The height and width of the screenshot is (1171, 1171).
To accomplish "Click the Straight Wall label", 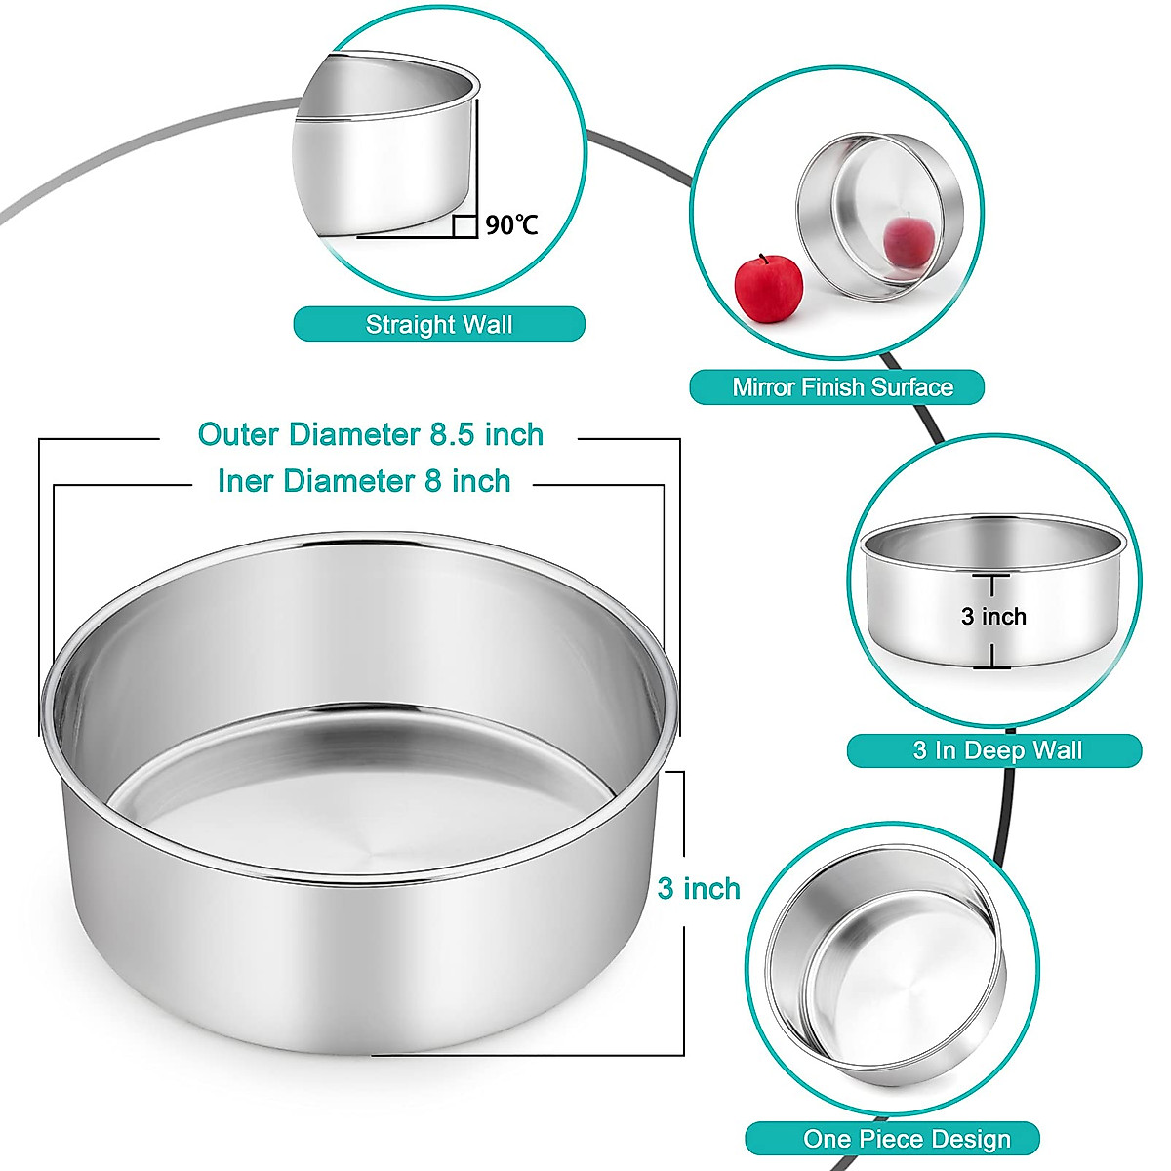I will pyautogui.click(x=439, y=324).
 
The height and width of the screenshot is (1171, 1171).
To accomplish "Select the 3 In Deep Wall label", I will pyautogui.click(x=994, y=750).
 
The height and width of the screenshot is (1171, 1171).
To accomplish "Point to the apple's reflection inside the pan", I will pyautogui.click(x=904, y=240).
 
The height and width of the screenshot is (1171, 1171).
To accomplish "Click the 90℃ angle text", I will pyautogui.click(x=512, y=225).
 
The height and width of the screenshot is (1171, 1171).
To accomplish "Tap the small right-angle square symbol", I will pyautogui.click(x=465, y=226).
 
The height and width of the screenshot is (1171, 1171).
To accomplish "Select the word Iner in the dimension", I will pyautogui.click(x=246, y=481).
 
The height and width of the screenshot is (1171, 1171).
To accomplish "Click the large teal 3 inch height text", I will pyautogui.click(x=699, y=888).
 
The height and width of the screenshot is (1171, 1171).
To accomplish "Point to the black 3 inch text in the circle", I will pyautogui.click(x=993, y=617).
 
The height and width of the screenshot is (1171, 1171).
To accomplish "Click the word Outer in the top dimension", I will pyautogui.click(x=235, y=434).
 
